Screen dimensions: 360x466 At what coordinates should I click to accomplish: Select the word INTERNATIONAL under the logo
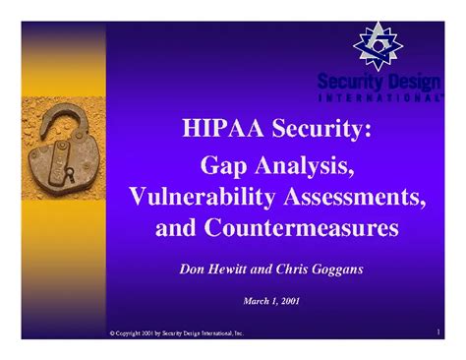tap(379, 98)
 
